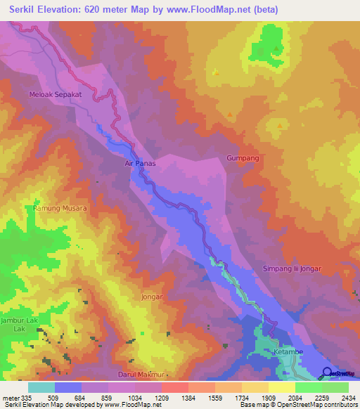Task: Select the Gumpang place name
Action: pyautogui.click(x=243, y=158)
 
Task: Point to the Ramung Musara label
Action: pyautogui.click(x=60, y=209)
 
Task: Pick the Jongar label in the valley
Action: pyautogui.click(x=152, y=297)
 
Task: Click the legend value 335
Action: pyautogui.click(x=25, y=397)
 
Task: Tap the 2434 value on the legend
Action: pyautogui.click(x=348, y=397)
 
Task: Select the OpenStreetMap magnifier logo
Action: pyautogui.click(x=326, y=372)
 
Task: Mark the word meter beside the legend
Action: pyautogui.click(x=9, y=397)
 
